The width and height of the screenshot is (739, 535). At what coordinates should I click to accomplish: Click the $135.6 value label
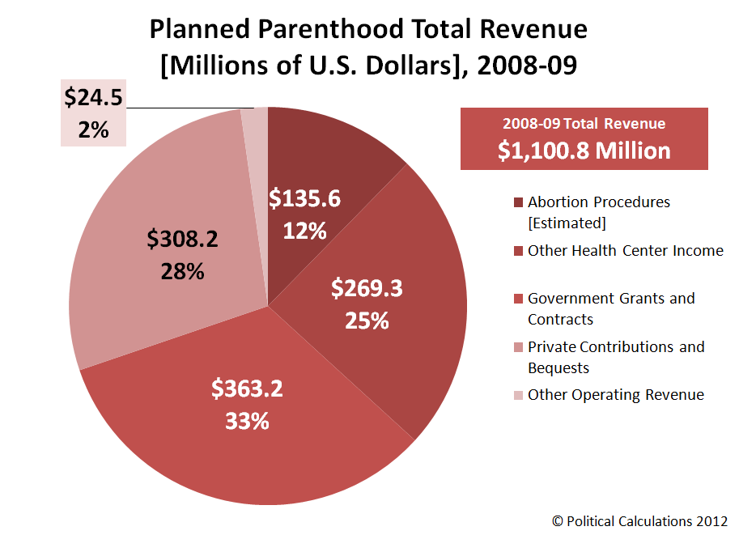tap(305, 198)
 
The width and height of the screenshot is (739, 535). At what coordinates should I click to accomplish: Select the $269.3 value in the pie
tap(367, 289)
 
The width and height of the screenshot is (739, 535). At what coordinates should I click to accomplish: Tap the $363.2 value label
tap(248, 389)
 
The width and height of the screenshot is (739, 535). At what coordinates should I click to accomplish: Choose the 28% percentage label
tap(183, 271)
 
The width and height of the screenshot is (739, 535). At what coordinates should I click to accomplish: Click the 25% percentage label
tap(367, 321)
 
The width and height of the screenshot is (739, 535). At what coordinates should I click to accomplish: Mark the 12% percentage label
tap(305, 231)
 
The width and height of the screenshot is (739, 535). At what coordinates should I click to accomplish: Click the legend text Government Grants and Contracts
tap(611, 308)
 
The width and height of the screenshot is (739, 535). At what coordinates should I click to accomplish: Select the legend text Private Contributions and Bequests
tap(616, 357)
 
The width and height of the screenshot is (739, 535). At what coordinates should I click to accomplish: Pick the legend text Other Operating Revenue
tap(616, 395)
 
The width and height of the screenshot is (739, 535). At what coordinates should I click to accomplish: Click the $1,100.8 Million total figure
tap(584, 151)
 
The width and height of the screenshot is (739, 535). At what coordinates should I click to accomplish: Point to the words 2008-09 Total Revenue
tap(584, 124)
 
